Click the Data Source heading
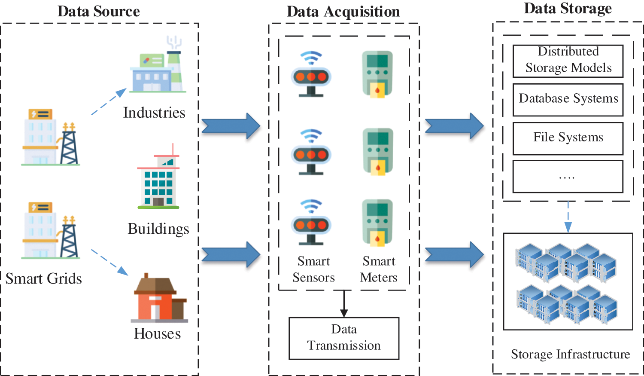click(98, 11)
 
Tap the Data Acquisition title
click(343, 12)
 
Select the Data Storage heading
click(568, 9)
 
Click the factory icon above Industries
click(158, 69)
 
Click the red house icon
click(159, 299)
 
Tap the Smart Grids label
click(43, 278)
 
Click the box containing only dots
click(568, 177)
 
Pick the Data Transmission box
click(344, 338)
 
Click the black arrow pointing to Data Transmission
click(344, 303)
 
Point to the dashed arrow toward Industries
click(109, 102)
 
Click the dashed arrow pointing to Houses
click(109, 262)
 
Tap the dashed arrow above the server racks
click(568, 217)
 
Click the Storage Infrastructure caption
click(570, 354)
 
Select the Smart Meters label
click(379, 269)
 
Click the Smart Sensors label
click(313, 269)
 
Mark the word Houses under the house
click(157, 334)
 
